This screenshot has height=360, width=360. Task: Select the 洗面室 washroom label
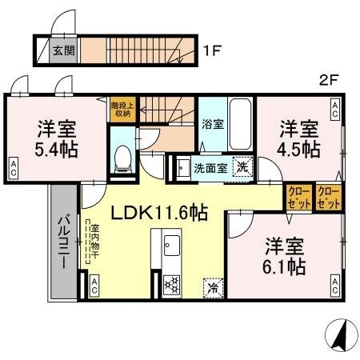(210, 168)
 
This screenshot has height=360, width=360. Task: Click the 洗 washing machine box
(240, 167)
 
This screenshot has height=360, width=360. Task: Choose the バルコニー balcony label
(63, 237)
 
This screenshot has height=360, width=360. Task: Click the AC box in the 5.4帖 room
(15, 166)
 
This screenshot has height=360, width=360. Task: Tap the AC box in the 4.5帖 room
(334, 106)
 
